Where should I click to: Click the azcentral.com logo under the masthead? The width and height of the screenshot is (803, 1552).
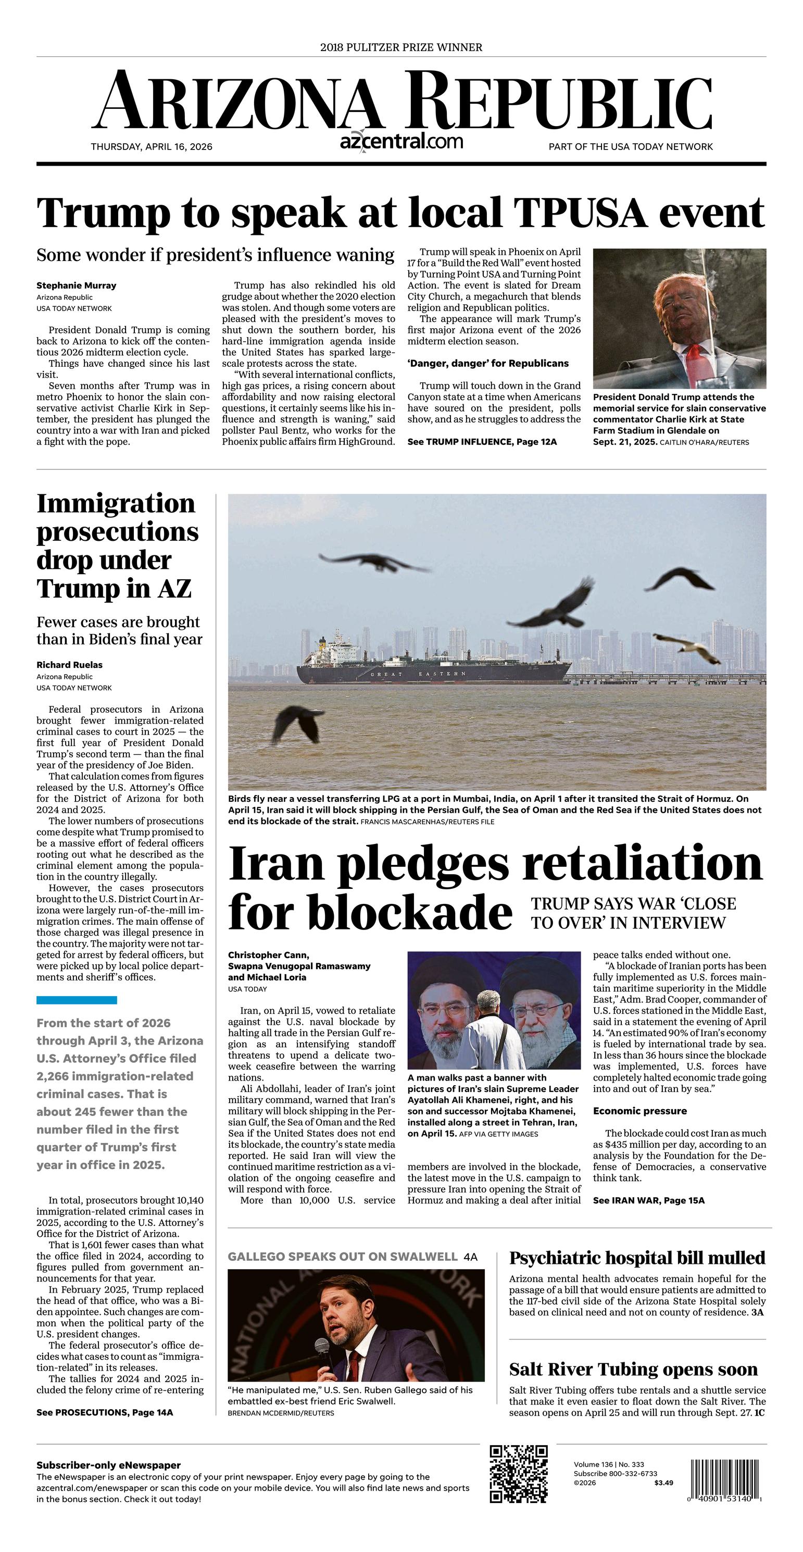(x=401, y=142)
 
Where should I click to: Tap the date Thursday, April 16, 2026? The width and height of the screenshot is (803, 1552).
(x=151, y=146)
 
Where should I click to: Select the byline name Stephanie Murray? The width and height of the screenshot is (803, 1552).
(x=76, y=285)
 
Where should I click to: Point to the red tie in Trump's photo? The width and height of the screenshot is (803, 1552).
(x=695, y=358)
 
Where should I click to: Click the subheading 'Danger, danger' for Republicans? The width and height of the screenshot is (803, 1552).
(x=487, y=363)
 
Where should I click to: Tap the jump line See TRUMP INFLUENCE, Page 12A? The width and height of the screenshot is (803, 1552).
(x=482, y=442)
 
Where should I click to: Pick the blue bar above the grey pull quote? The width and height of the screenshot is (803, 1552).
(x=77, y=1000)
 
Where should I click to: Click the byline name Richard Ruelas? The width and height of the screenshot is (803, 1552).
(x=69, y=665)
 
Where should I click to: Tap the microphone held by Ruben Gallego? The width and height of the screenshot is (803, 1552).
(x=322, y=1346)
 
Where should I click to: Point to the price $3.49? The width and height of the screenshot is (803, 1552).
(x=663, y=1483)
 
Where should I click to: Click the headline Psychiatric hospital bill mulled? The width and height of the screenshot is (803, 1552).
(x=637, y=1258)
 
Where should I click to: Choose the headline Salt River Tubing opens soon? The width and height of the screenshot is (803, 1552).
(x=633, y=1370)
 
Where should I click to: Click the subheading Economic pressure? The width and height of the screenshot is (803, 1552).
(x=640, y=1111)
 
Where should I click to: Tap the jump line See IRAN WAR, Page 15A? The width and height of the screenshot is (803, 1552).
(x=648, y=1200)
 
